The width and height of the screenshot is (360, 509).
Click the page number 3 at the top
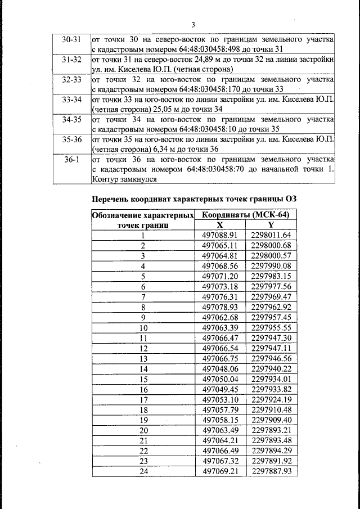point(193,25)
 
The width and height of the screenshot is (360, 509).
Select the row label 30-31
point(71,40)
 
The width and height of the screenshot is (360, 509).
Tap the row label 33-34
point(71,100)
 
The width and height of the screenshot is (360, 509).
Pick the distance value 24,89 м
point(211,60)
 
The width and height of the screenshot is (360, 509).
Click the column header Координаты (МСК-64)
point(246,215)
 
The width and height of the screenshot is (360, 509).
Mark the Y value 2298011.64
point(271,235)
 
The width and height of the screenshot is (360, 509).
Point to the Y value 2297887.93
point(271,471)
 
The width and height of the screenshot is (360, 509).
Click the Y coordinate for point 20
point(271,430)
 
